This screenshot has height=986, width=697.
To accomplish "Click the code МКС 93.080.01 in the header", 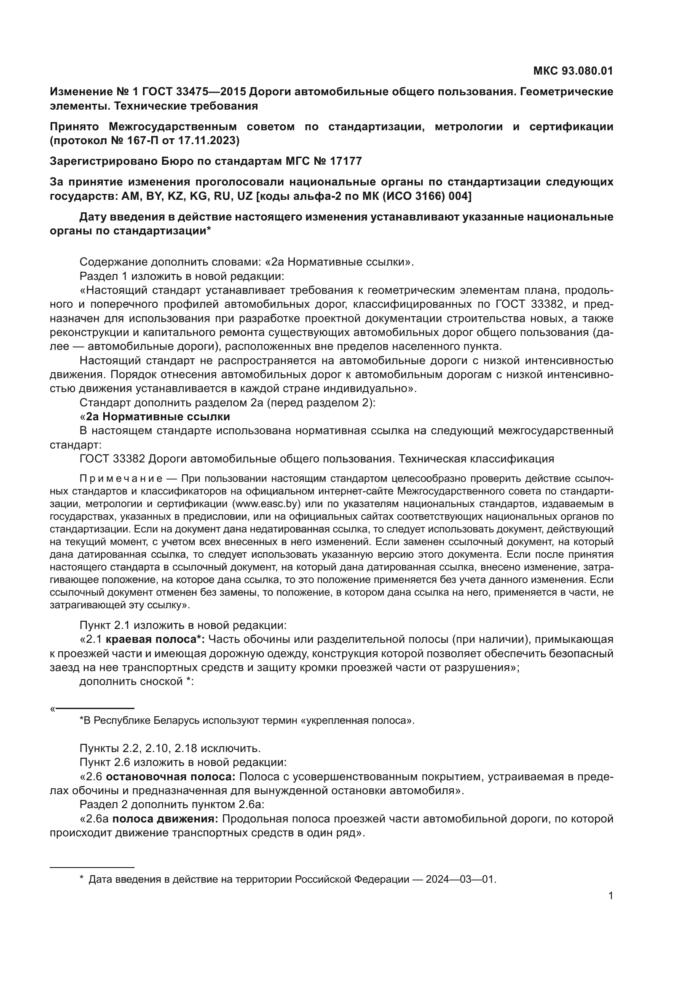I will pos(573,71).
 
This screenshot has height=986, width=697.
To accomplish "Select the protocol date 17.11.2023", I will pos(210,140).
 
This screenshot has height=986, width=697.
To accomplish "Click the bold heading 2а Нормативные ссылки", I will pos(158,416).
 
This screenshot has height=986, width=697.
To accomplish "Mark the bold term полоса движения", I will pos(165,819).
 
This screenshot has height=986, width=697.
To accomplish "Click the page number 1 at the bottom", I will pos(611,896).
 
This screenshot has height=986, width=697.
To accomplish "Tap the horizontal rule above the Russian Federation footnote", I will pos(92,862).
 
